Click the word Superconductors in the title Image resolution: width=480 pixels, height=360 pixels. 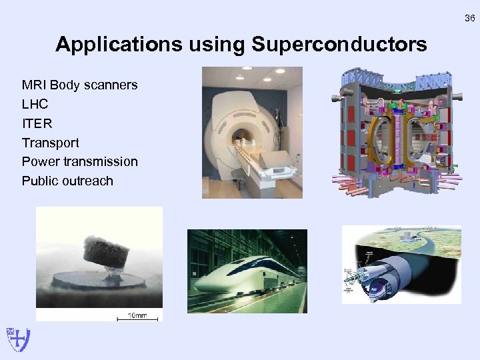pyautogui.click(x=339, y=45)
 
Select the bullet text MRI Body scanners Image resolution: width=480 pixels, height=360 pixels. pyautogui.click(x=79, y=85)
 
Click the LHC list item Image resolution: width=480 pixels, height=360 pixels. pyautogui.click(x=35, y=105)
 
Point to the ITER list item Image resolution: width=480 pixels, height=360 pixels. pyautogui.click(x=37, y=124)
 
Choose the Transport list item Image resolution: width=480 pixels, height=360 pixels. pyautogui.click(x=50, y=143)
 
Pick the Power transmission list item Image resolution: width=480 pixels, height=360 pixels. pyautogui.click(x=79, y=162)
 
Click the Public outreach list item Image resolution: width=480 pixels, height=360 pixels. pyautogui.click(x=67, y=181)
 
